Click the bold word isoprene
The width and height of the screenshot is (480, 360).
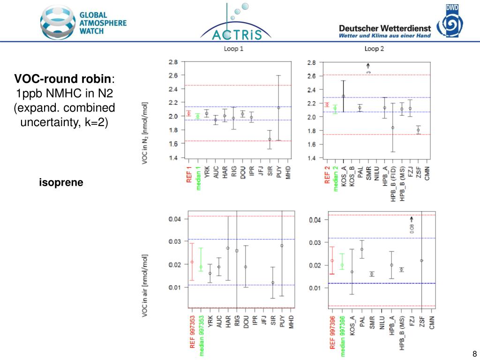[x=61, y=183]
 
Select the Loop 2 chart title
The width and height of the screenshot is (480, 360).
[x=374, y=49]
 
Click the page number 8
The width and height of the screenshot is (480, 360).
[x=474, y=354]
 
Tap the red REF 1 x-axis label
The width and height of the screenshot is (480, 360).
[x=189, y=175]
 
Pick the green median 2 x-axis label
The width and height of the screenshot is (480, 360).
[x=336, y=179]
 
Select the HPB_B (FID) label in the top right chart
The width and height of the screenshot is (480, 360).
[x=393, y=185]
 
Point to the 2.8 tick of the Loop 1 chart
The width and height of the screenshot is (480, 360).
[x=173, y=62]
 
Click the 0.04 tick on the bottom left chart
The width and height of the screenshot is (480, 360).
[x=174, y=219]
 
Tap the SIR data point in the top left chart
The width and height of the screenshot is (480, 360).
[x=270, y=139]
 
